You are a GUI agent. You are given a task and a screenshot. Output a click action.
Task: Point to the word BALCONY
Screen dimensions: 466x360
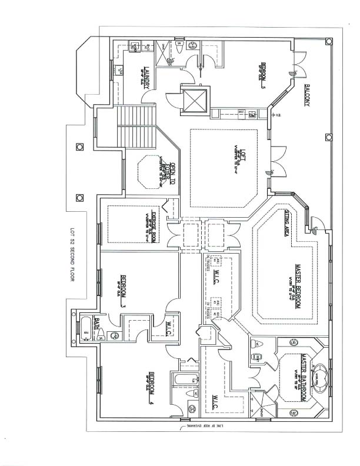pyautogui.click(x=308, y=95)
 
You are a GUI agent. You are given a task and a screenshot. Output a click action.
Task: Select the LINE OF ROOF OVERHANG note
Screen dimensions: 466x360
pyautogui.click(x=196, y=425)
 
